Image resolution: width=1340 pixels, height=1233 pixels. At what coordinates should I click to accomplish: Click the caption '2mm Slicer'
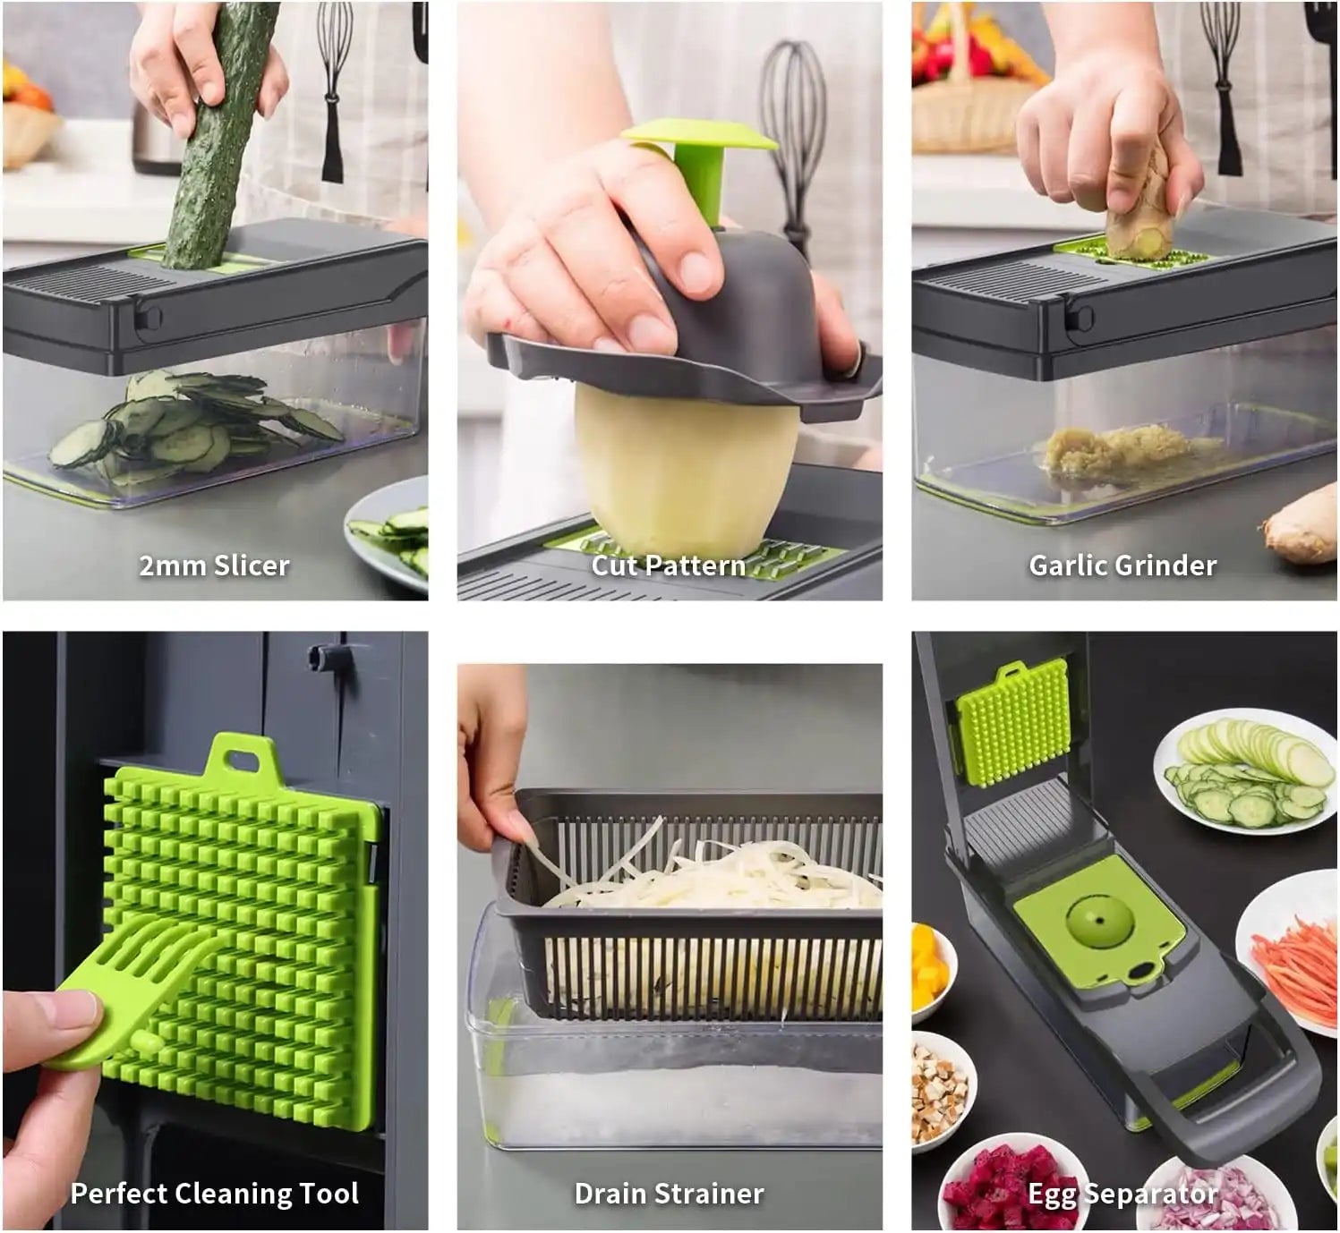click(x=215, y=565)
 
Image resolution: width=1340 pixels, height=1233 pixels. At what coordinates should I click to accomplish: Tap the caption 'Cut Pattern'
click(x=669, y=565)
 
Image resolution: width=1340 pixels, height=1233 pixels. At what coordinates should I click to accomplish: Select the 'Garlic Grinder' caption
click(x=1122, y=565)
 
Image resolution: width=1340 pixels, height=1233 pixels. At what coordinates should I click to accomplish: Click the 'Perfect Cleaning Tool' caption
click(x=215, y=1193)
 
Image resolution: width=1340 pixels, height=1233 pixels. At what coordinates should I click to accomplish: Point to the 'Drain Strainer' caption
click(x=670, y=1193)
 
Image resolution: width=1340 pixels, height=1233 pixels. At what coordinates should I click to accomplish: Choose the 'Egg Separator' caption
click(x=1122, y=1193)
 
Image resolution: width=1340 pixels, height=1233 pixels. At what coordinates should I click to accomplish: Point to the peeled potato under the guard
click(x=686, y=468)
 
